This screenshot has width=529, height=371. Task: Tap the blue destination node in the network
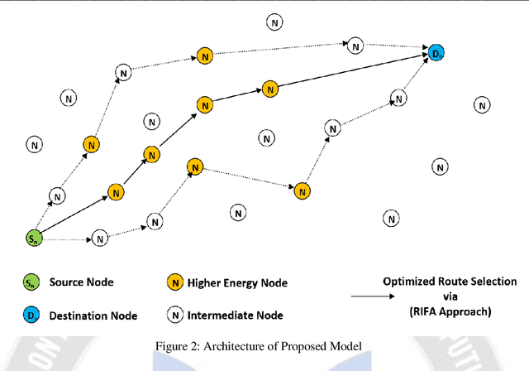(436, 54)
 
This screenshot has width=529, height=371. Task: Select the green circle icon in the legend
(30, 283)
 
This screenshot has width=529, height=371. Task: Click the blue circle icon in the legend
(30, 316)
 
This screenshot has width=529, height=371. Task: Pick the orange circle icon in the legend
(176, 283)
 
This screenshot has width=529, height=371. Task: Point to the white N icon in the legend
(176, 315)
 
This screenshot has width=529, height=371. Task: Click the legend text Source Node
(81, 282)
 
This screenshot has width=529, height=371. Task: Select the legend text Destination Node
(93, 316)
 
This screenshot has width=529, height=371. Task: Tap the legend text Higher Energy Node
(238, 283)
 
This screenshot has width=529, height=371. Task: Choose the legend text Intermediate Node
(236, 315)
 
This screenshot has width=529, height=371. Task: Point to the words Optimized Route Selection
(450, 282)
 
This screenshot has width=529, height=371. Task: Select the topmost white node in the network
(274, 22)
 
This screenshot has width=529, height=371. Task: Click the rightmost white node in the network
(481, 105)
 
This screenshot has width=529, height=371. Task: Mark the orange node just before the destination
(269, 89)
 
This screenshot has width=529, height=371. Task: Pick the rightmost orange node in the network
(303, 190)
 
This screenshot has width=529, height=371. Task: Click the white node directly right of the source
(99, 238)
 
